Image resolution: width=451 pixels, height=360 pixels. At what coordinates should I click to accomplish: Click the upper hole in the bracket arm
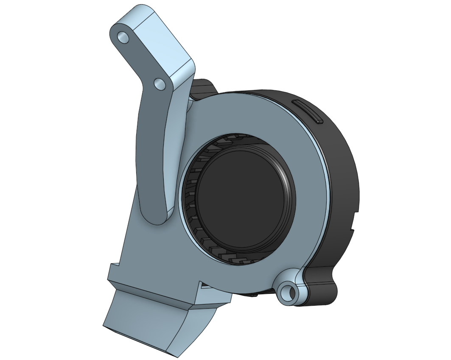coord(123,37)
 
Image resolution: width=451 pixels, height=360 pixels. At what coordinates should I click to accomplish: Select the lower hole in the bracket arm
coord(160,84)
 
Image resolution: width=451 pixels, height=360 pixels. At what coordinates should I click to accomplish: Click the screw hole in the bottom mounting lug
coord(289,292)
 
